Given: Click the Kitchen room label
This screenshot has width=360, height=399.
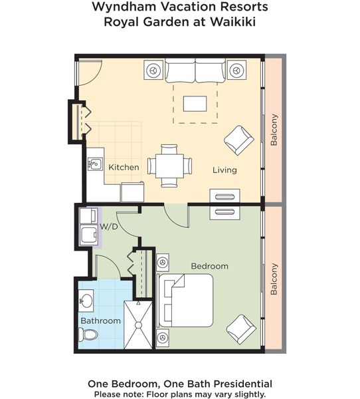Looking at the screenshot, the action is coord(124,167).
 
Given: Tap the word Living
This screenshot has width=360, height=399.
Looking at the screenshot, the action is coord(225,170).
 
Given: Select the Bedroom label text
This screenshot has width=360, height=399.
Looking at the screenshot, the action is coord(210,266).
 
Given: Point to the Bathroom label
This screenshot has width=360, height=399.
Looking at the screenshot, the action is coord(101,321).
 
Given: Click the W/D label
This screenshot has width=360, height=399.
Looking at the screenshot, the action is coord(109,226).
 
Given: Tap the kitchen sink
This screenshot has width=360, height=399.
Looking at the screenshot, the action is coord(95,164).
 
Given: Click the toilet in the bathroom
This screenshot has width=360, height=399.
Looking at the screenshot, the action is coord(88,334).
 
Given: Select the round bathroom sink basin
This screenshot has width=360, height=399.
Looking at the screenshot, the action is coord(86,301).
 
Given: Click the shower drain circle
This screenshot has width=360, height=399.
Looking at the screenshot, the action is coord(139,325).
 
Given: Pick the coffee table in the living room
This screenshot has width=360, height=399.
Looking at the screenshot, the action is coord(195,104).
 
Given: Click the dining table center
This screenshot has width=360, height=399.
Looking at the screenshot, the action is coord(169,166).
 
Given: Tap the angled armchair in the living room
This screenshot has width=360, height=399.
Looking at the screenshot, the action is coord(238,140).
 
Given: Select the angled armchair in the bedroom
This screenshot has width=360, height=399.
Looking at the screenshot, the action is coord(241,329).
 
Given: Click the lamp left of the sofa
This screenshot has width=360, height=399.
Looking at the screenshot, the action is coord(153,70).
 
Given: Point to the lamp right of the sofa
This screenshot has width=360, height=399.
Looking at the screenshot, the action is coord(236,70).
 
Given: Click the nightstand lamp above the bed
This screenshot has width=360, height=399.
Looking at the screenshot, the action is coord(163,262).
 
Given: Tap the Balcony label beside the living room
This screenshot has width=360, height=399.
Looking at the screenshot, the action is coord(274,130).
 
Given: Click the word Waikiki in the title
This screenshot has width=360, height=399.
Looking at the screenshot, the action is coord(232,22).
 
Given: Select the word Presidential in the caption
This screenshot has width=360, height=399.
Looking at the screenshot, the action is coord(243,384).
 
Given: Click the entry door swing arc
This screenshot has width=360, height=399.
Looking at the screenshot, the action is coord(96,77).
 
